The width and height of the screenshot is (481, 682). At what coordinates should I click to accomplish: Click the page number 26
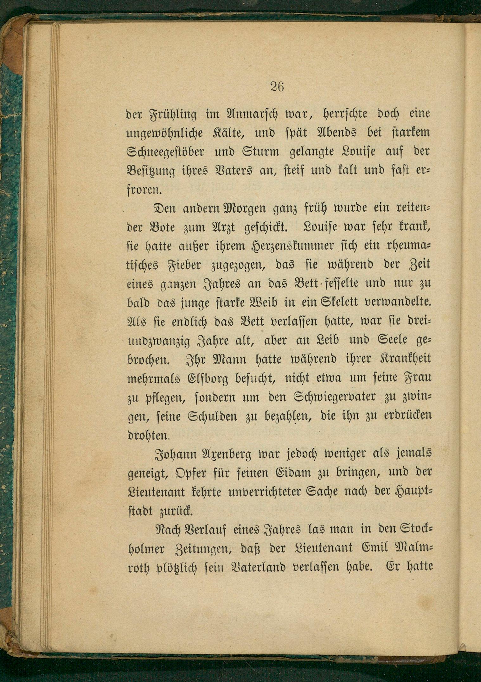277,86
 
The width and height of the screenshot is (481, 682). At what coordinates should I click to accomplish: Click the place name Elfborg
201,378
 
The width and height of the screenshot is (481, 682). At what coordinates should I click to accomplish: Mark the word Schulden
214,416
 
